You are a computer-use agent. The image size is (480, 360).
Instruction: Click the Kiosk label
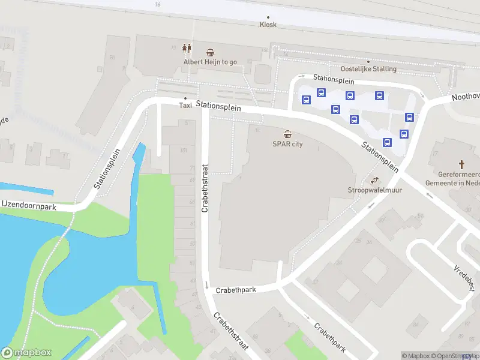[x=268, y=25]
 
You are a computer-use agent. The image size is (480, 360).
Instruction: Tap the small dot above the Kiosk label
[x=268, y=17]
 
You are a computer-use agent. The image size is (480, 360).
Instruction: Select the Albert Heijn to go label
[x=210, y=61]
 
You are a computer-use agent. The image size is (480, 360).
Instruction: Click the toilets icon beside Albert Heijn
[x=187, y=48]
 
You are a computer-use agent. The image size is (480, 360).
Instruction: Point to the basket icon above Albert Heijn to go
[x=210, y=52]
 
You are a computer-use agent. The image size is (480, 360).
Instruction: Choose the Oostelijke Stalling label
[x=368, y=68]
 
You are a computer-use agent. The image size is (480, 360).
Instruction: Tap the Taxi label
[x=185, y=105]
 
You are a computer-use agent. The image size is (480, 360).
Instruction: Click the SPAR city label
[x=287, y=143]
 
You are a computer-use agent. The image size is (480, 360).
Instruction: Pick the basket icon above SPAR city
[x=288, y=134]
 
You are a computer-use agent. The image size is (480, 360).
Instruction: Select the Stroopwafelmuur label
[x=375, y=190]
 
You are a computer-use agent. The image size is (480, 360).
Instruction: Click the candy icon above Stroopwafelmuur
[x=375, y=180]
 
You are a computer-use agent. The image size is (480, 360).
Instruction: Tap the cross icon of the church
[x=462, y=164]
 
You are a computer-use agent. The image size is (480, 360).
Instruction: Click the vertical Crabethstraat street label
[x=205, y=189]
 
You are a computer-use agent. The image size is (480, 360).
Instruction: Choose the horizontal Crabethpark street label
[x=236, y=290]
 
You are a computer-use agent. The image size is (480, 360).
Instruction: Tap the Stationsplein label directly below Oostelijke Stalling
[x=334, y=79]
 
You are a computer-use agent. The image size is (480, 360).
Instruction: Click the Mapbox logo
[x=26, y=353]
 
